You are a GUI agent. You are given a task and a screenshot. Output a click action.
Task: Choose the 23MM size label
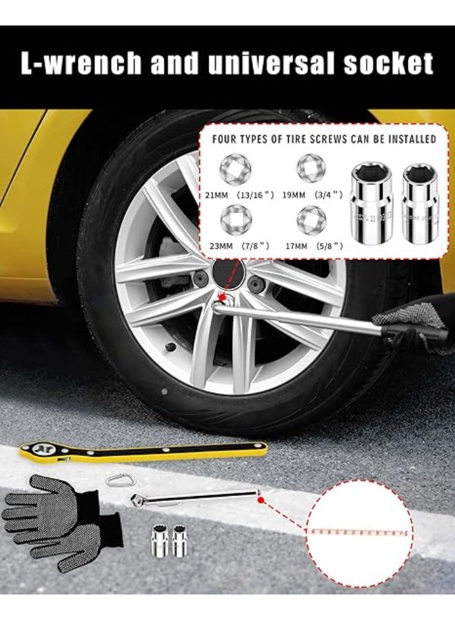(218, 245)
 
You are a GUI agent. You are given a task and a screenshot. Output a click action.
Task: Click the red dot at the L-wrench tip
(261, 501)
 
